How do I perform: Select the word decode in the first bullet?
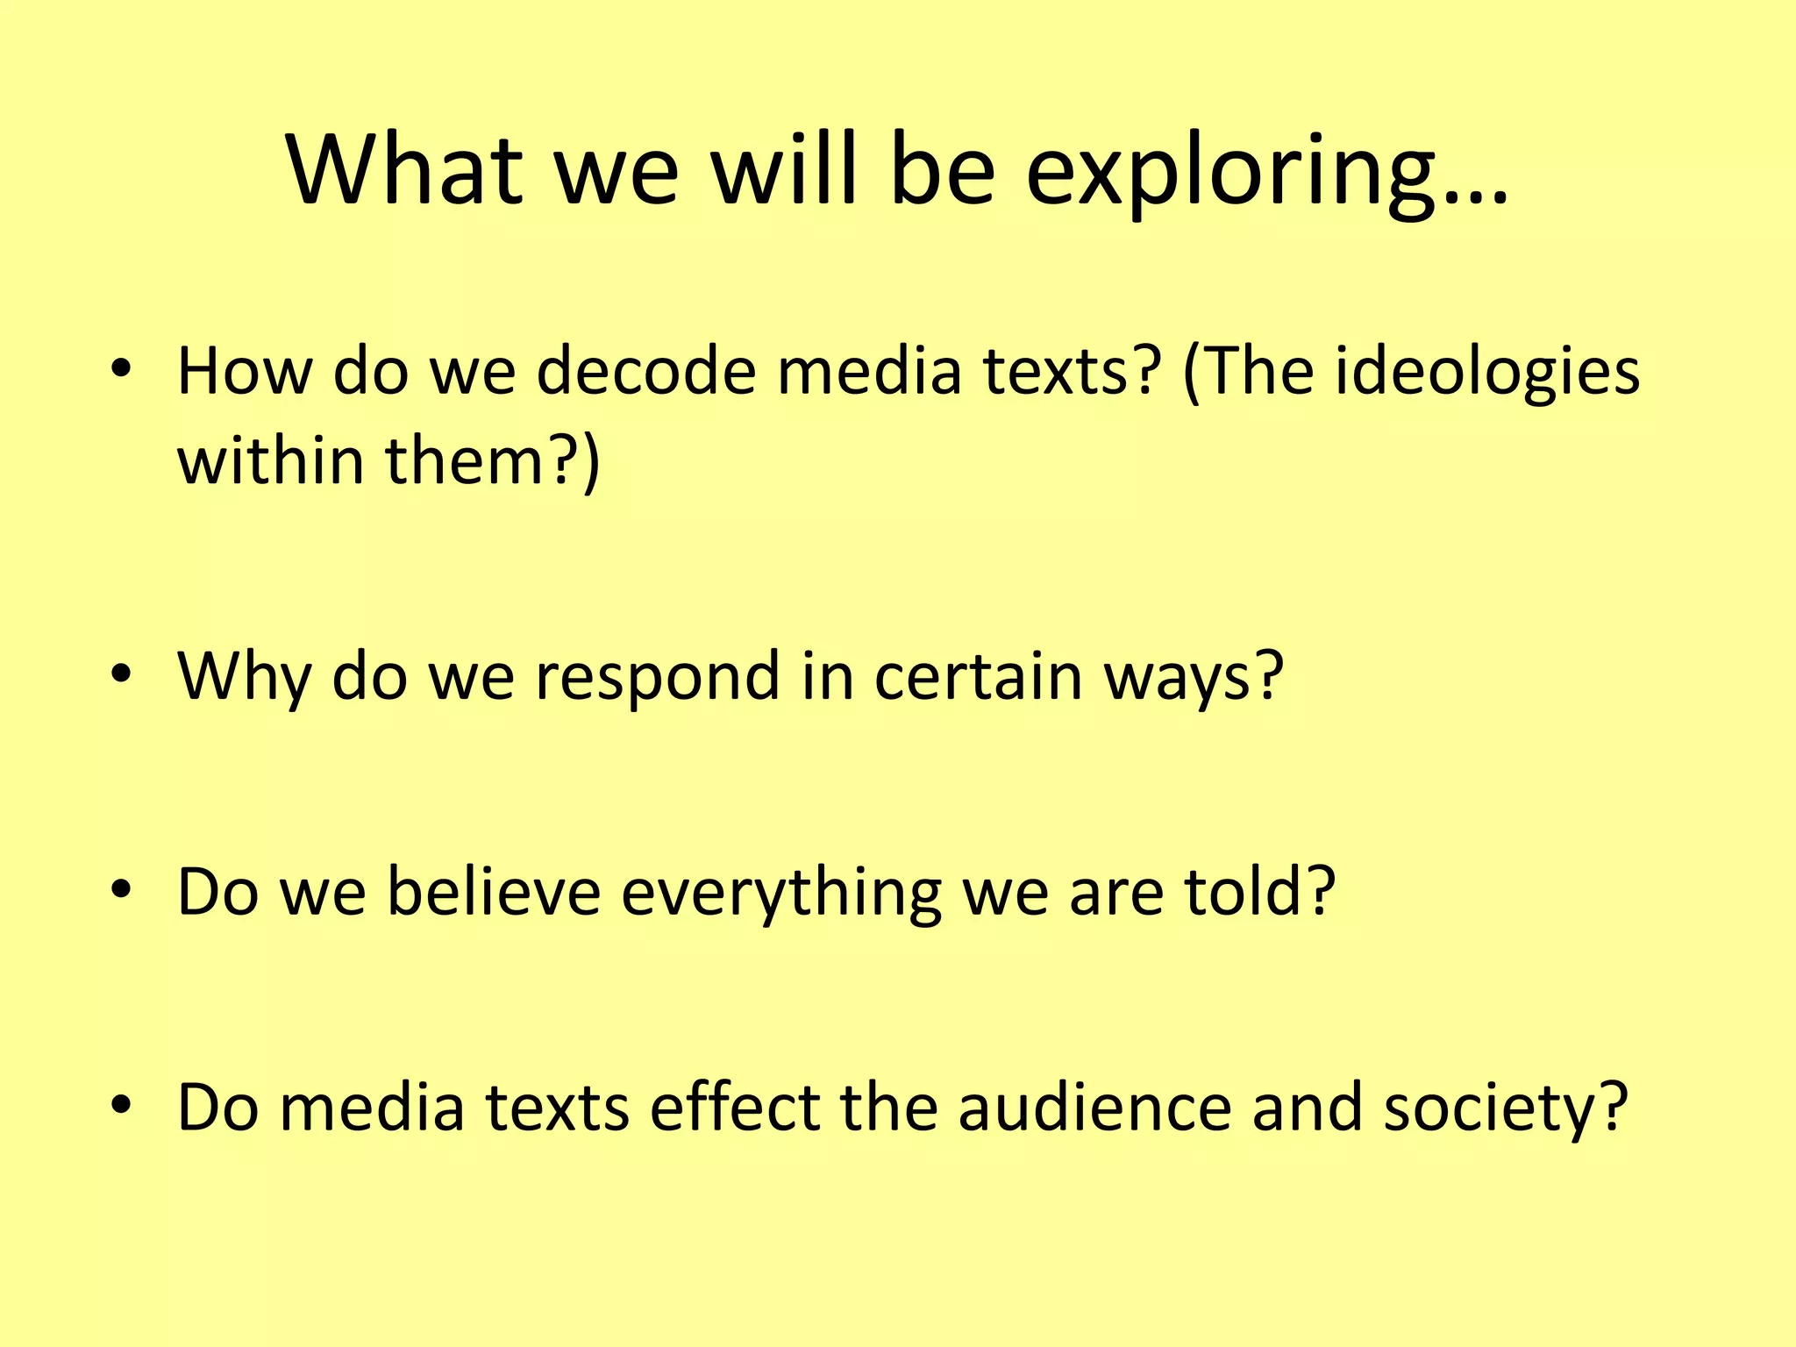coord(646,371)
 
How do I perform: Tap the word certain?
coord(978,676)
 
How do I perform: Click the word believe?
coord(494,892)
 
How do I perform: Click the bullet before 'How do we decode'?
coord(121,369)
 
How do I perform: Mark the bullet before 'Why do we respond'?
coord(121,674)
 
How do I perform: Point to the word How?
coord(245,371)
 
